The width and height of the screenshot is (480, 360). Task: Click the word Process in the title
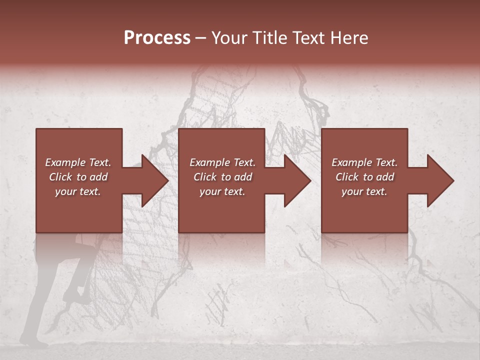click(x=157, y=38)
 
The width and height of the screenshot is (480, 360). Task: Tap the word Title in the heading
click(x=267, y=38)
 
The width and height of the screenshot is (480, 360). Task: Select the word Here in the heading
click(x=350, y=38)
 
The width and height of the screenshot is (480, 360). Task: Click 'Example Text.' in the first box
click(x=78, y=162)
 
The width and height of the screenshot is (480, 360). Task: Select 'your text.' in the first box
click(x=78, y=191)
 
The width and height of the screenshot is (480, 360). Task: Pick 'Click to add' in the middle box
click(x=222, y=177)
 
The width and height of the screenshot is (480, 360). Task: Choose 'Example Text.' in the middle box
click(x=222, y=162)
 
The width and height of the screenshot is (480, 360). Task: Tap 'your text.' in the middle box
click(x=222, y=191)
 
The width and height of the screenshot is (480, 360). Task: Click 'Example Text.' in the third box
click(x=364, y=162)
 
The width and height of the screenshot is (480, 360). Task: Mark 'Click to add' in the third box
click(x=364, y=177)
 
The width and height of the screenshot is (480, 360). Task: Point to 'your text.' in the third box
click(x=364, y=191)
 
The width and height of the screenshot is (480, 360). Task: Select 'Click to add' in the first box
click(x=78, y=177)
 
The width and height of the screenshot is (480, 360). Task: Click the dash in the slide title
click(x=201, y=38)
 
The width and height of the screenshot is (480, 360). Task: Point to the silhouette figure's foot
click(x=38, y=344)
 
